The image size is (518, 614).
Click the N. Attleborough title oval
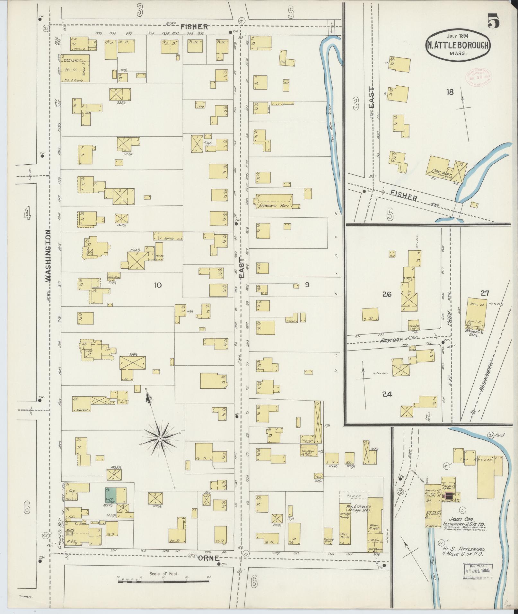click(x=458, y=45)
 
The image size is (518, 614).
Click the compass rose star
click(x=160, y=438)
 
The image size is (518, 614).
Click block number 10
click(x=157, y=285)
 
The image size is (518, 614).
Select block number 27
click(x=485, y=292)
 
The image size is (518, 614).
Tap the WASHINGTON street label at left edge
click(x=48, y=256)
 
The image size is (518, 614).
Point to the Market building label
click(x=82, y=410)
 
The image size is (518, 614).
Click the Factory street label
click(x=391, y=340)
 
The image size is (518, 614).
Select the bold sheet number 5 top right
click(x=494, y=22)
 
